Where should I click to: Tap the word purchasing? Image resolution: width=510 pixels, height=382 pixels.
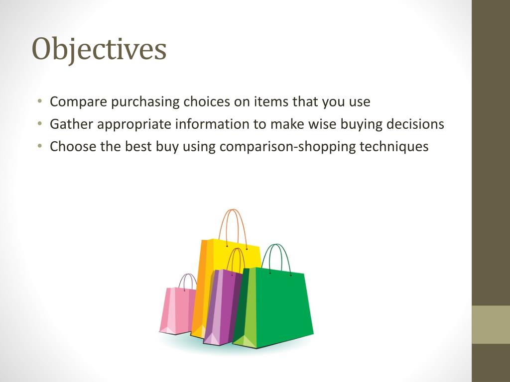pyautogui.click(x=145, y=102)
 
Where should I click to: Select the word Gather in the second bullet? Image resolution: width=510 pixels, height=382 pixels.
pyautogui.click(x=71, y=124)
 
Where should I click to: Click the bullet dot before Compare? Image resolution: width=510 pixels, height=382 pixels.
pyautogui.click(x=39, y=102)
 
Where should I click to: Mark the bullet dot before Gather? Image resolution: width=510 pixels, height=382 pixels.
pyautogui.click(x=39, y=125)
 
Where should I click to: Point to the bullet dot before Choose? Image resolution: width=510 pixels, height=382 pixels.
pyautogui.click(x=39, y=147)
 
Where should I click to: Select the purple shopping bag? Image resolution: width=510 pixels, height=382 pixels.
pyautogui.click(x=222, y=306)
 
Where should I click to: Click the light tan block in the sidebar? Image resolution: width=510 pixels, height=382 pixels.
pyautogui.click(x=491, y=324)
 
